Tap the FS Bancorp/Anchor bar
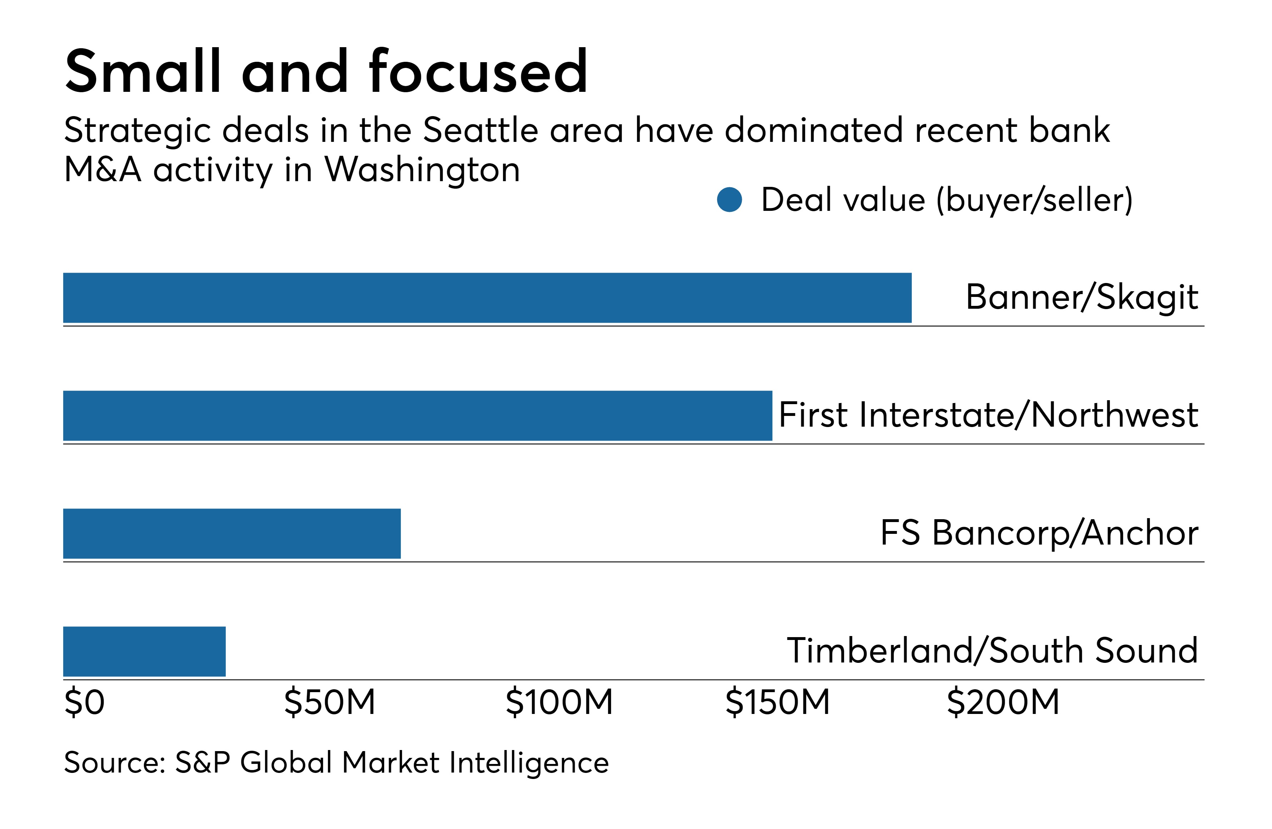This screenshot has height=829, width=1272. (232, 533)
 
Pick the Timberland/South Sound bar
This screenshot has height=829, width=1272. (144, 651)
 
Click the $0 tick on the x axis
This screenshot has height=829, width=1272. (84, 702)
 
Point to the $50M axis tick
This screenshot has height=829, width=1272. (330, 702)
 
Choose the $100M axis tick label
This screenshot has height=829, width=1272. (559, 702)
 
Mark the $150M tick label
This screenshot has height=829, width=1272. (777, 702)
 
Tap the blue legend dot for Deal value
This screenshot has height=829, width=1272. (730, 200)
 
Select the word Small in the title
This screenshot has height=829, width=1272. (143, 71)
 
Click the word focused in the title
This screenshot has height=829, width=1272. (478, 71)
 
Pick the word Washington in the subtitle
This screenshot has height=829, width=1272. (422, 170)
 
